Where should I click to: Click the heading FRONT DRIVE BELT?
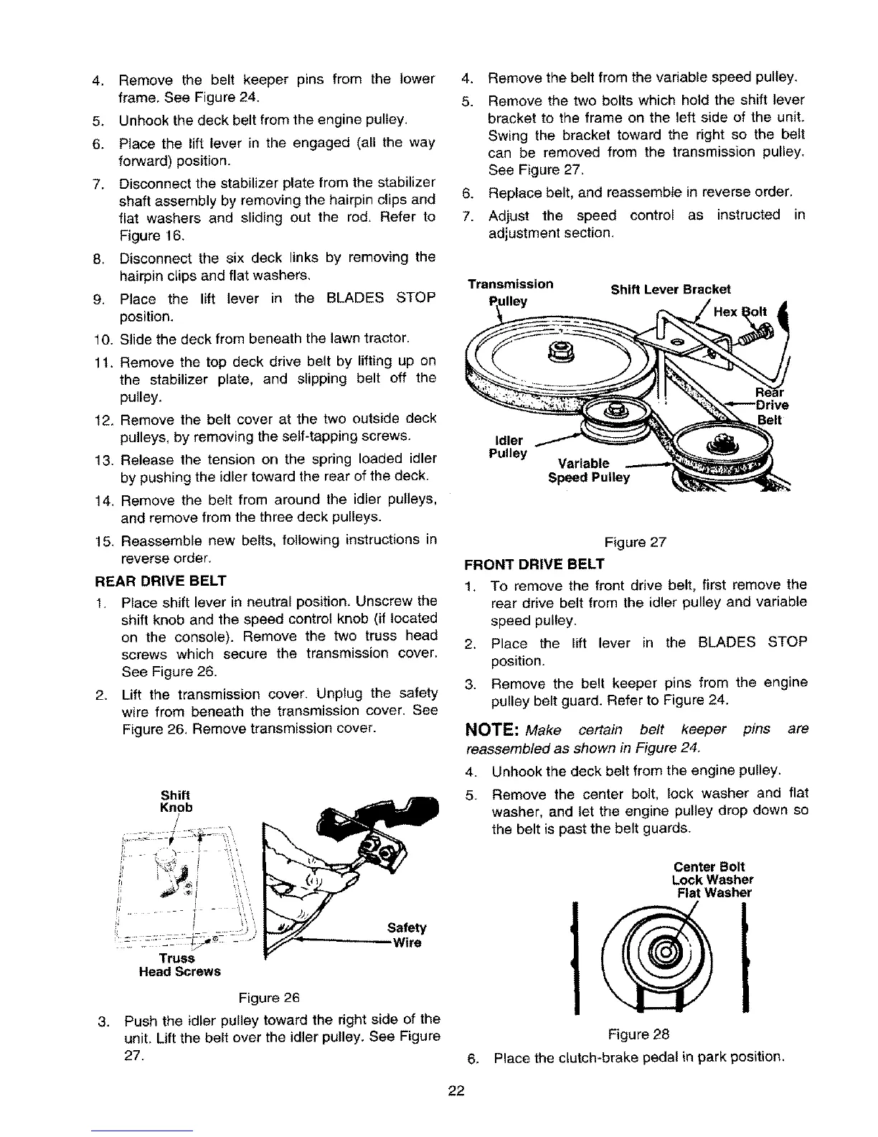(x=534, y=563)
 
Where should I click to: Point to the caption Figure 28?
(x=638, y=1034)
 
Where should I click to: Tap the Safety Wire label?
(x=406, y=934)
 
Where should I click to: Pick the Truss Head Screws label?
(x=179, y=965)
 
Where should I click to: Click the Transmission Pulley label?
(x=509, y=291)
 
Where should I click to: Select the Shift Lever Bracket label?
(x=670, y=290)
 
